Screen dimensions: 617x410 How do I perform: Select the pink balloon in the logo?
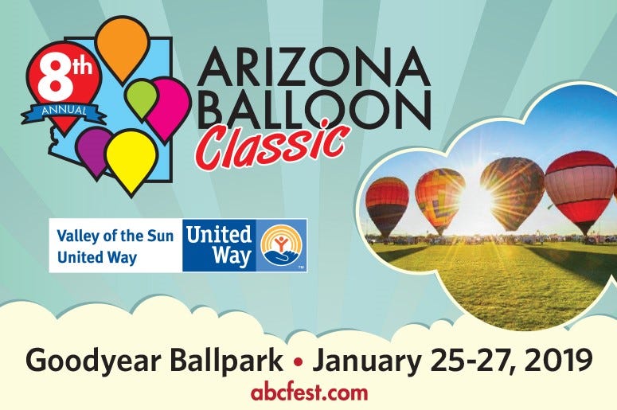[x=167, y=106]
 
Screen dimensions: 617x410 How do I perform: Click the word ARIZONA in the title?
[x=314, y=67]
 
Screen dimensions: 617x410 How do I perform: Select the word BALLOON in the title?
[x=314, y=109]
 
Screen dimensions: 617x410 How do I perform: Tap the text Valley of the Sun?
[x=115, y=236]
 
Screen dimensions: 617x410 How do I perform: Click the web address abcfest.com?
[x=309, y=392]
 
